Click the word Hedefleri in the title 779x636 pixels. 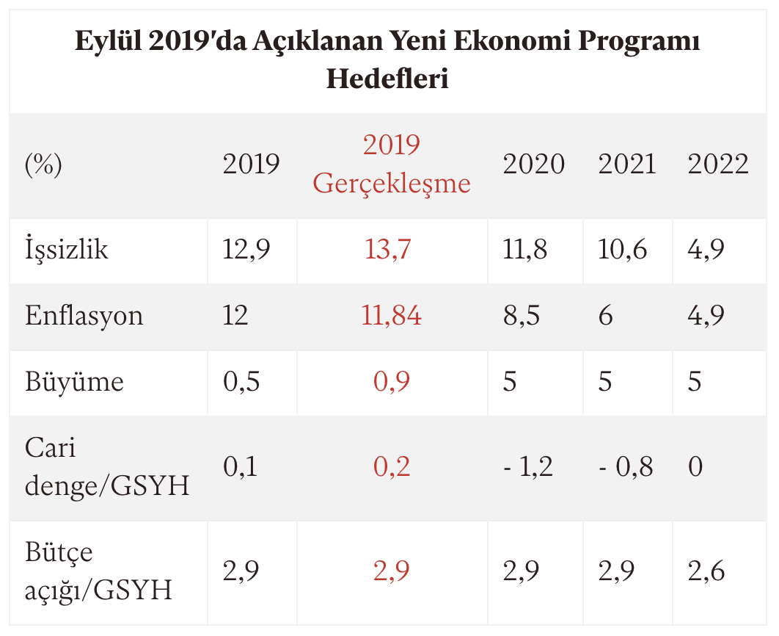click(387, 79)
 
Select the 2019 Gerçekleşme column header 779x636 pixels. click(392, 164)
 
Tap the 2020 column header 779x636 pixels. click(533, 165)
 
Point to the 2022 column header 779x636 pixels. click(718, 165)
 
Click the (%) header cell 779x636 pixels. click(43, 165)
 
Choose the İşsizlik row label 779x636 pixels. click(67, 250)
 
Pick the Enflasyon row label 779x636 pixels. click(84, 316)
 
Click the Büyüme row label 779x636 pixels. click(74, 382)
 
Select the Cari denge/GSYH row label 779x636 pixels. click(107, 466)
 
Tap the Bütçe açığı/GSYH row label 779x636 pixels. click(98, 571)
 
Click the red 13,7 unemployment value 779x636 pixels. click(389, 250)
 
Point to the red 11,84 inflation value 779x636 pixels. click(392, 316)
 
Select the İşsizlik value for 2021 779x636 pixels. click(623, 250)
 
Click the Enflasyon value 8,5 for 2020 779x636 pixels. click(522, 316)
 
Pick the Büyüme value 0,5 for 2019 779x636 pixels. click(241, 382)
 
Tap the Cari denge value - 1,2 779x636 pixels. click(527, 466)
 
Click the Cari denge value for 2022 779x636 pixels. click(695, 466)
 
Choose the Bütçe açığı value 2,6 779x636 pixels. click(706, 571)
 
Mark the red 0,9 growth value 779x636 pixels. click(392, 382)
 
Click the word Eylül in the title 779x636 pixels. click(109, 42)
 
